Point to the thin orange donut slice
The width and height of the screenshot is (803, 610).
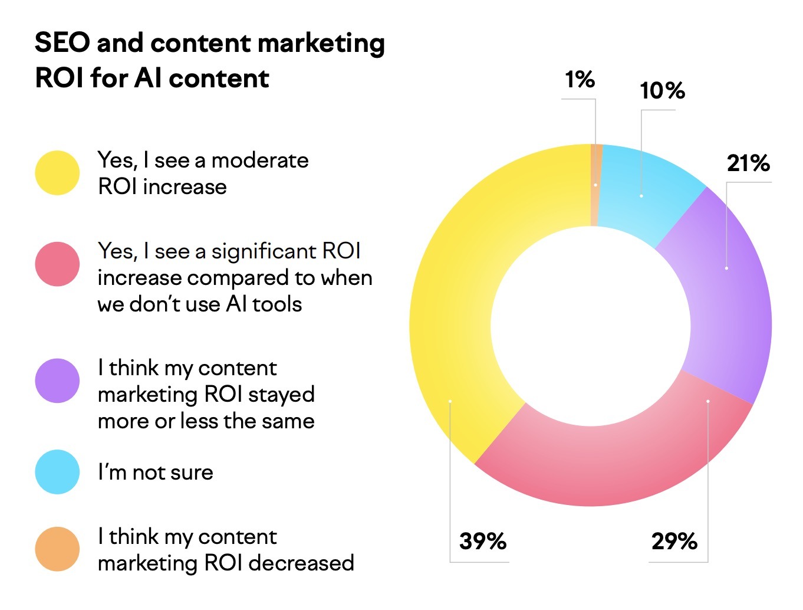(595, 185)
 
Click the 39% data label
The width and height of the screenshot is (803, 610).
(483, 541)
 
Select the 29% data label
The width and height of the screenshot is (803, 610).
(674, 541)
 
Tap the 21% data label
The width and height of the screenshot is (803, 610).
(748, 163)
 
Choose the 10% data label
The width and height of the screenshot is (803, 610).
(662, 91)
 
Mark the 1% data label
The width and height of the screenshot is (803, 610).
(580, 80)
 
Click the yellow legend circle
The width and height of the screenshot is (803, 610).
(57, 173)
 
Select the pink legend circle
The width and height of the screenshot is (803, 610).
(57, 264)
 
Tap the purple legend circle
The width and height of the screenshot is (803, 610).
(57, 381)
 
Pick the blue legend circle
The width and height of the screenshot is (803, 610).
(57, 472)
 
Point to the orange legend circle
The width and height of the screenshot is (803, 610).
(57, 549)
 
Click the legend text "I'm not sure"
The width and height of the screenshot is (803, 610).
(156, 472)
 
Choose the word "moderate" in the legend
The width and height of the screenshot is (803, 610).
(260, 160)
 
